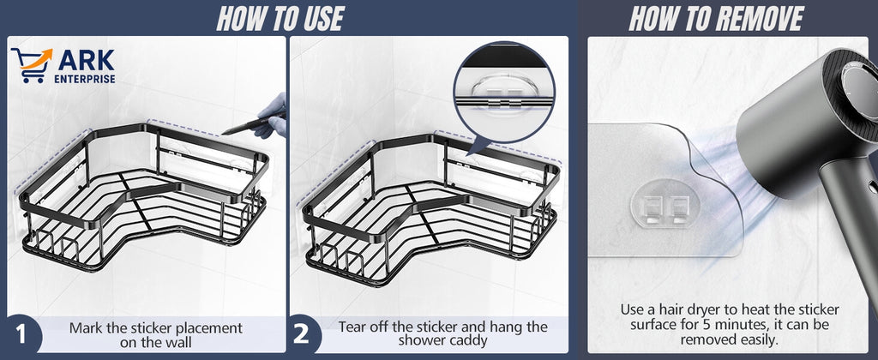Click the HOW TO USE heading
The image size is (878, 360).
point(280,18)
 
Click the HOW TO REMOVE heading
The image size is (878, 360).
point(716,18)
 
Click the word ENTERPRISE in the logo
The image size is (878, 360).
point(85,79)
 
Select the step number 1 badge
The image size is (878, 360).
point(20,334)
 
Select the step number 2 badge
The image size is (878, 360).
point(301,334)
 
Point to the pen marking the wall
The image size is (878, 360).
point(242,127)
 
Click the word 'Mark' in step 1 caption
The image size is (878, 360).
point(86,327)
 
